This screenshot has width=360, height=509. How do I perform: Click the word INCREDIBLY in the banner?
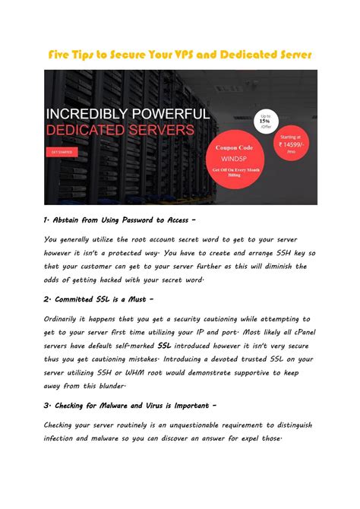pos(88,114)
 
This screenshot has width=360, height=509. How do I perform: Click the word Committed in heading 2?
pos(79,299)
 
